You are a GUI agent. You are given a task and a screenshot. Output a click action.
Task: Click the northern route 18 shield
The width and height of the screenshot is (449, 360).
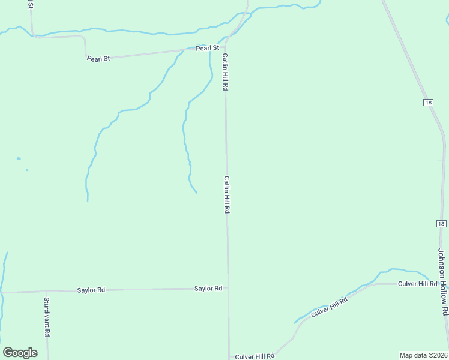coord(427,103)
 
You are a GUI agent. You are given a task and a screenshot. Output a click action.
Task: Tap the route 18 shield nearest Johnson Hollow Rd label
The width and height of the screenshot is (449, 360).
coord(441,224)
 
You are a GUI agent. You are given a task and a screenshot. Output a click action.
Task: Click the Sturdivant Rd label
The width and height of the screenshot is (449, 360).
coord(47,316)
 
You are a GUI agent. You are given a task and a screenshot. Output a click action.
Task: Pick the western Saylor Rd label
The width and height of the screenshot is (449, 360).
coord(91,290)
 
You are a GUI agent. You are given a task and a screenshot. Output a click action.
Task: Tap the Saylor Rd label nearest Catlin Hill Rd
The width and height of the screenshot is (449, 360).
coord(208,289)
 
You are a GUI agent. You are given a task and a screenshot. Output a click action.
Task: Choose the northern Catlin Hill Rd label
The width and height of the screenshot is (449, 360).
coord(225,72)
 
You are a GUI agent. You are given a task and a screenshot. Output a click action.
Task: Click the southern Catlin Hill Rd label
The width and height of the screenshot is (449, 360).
coord(227,194)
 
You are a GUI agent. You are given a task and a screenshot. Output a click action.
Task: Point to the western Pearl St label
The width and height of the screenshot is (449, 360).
coord(98,59)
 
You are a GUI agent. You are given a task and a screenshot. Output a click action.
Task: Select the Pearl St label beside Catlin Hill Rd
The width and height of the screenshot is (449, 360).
coord(208,47)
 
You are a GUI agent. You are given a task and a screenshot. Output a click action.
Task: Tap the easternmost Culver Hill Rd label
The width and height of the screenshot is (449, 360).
coord(417,283)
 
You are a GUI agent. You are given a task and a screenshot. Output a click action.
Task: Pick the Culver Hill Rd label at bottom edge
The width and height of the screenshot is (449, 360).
coord(255,356)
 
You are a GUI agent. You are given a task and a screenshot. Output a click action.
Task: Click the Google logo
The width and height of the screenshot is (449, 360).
coord(20,353)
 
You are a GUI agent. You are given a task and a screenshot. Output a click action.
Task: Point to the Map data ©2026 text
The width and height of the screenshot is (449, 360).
coord(424,355)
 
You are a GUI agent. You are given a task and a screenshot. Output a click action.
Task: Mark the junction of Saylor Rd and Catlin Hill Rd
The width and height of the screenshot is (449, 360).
coord(228,289)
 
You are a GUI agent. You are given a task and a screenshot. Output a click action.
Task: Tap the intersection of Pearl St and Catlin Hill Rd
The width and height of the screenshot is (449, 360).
coord(226,46)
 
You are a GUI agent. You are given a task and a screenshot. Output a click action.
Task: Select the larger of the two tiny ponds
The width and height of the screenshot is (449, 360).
coord(19,158)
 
